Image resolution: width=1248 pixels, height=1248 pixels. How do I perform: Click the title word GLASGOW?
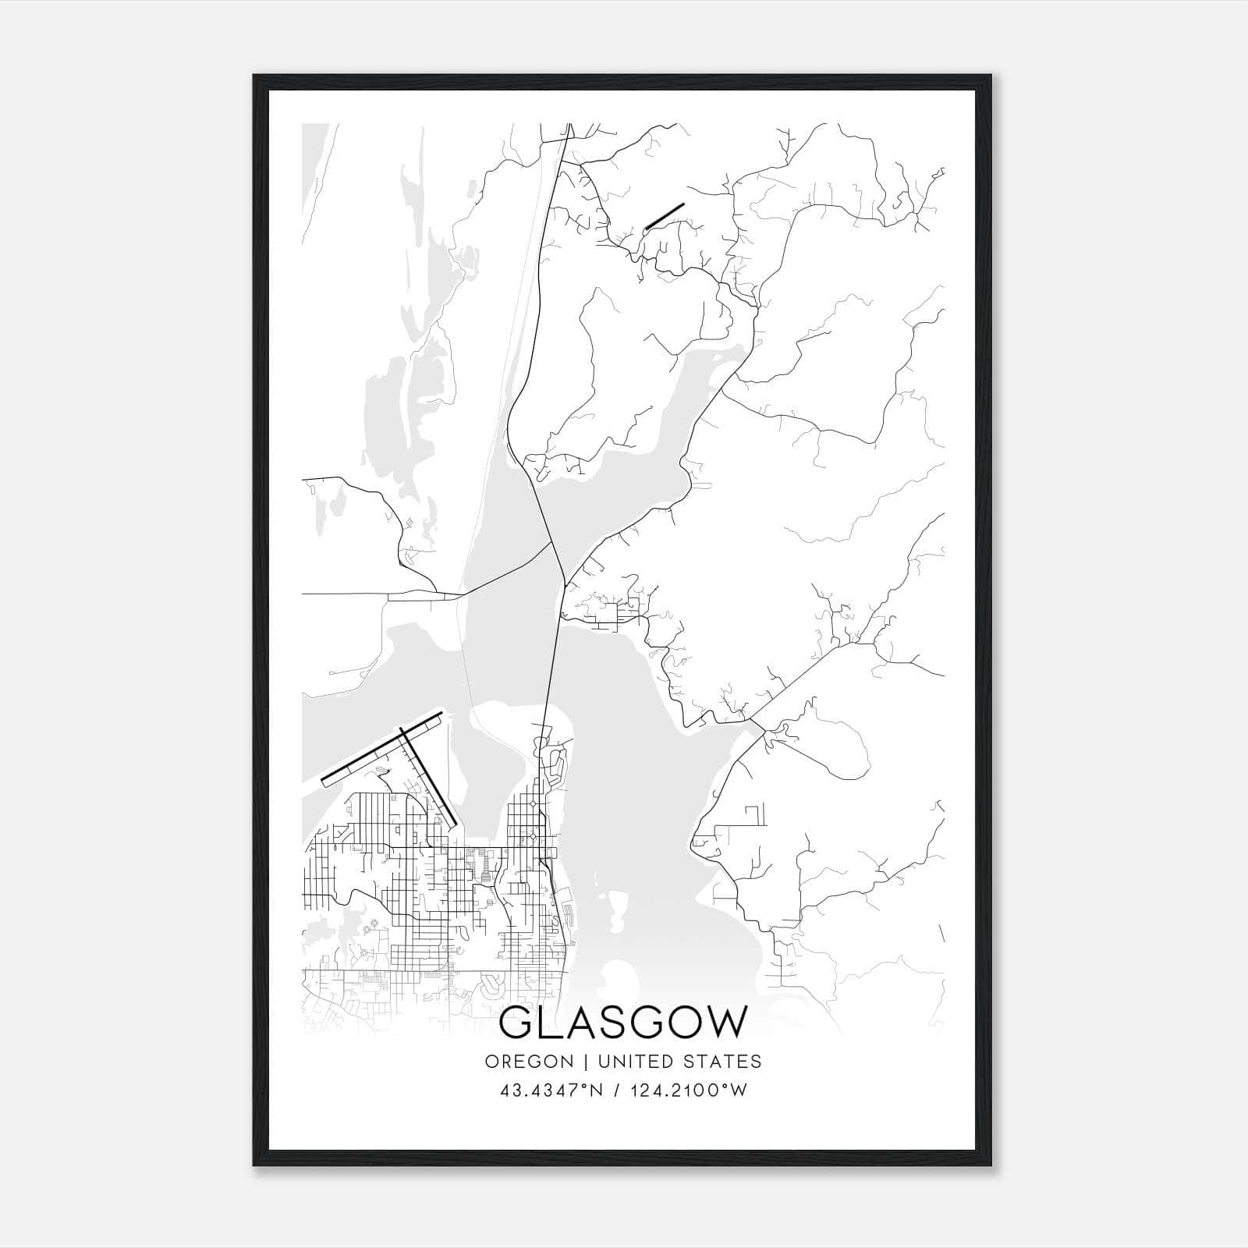[622, 1023]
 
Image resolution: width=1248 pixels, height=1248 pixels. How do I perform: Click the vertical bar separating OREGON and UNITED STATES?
[575, 1062]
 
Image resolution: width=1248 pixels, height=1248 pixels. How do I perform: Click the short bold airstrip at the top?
[665, 216]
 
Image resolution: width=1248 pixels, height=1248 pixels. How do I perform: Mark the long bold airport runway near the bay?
[382, 747]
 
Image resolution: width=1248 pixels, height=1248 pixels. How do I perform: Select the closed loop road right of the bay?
[827, 745]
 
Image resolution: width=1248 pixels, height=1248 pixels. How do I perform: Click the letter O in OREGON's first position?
[491, 1062]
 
